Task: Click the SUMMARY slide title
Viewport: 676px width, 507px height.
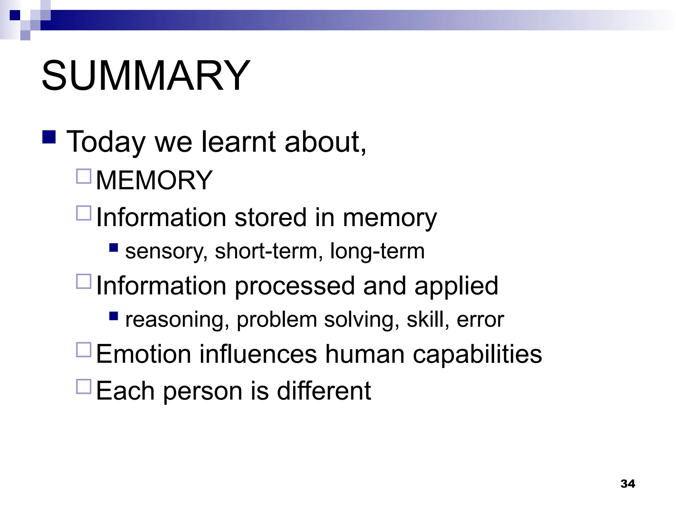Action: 146,76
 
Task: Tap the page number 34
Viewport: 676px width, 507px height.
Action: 627,484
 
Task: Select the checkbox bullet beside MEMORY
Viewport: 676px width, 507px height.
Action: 84,176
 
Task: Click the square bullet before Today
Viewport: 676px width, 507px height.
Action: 49,136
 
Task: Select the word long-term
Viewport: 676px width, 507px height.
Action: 377,251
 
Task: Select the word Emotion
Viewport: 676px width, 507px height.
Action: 144,354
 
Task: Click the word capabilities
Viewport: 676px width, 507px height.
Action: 477,354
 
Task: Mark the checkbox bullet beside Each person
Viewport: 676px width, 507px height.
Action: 84,386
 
